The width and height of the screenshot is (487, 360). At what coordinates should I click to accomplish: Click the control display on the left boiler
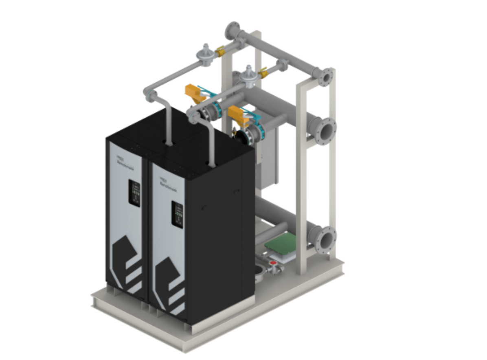[135, 193]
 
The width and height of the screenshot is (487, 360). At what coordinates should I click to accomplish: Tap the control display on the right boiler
[177, 214]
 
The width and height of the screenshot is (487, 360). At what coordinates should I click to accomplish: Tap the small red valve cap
[273, 265]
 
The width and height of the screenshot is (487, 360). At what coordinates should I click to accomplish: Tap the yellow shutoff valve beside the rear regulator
[220, 51]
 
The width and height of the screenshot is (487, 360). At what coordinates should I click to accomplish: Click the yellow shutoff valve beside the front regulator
[263, 73]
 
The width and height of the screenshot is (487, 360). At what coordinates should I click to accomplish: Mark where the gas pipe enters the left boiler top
[168, 141]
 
